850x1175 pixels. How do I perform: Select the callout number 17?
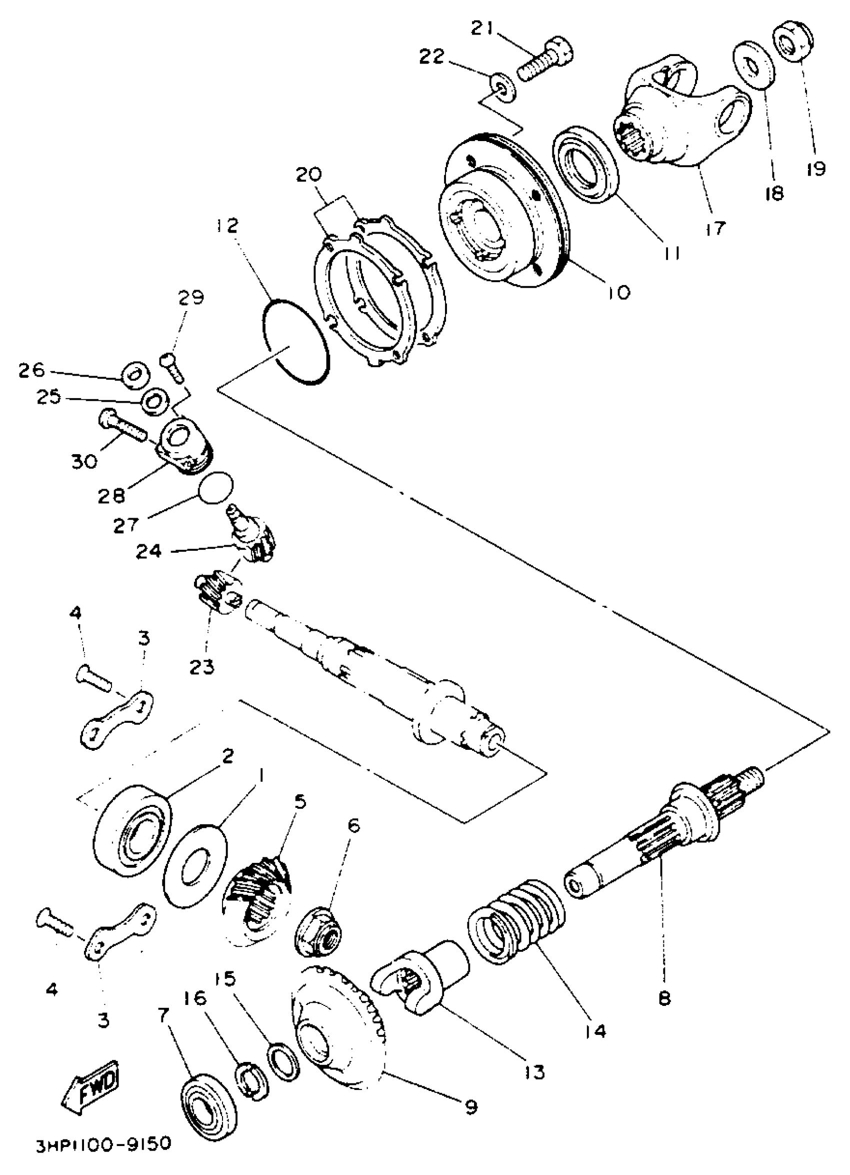pos(715,228)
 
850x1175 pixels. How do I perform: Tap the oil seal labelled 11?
pos(586,161)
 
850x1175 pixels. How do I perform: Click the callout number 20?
pos(309,175)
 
